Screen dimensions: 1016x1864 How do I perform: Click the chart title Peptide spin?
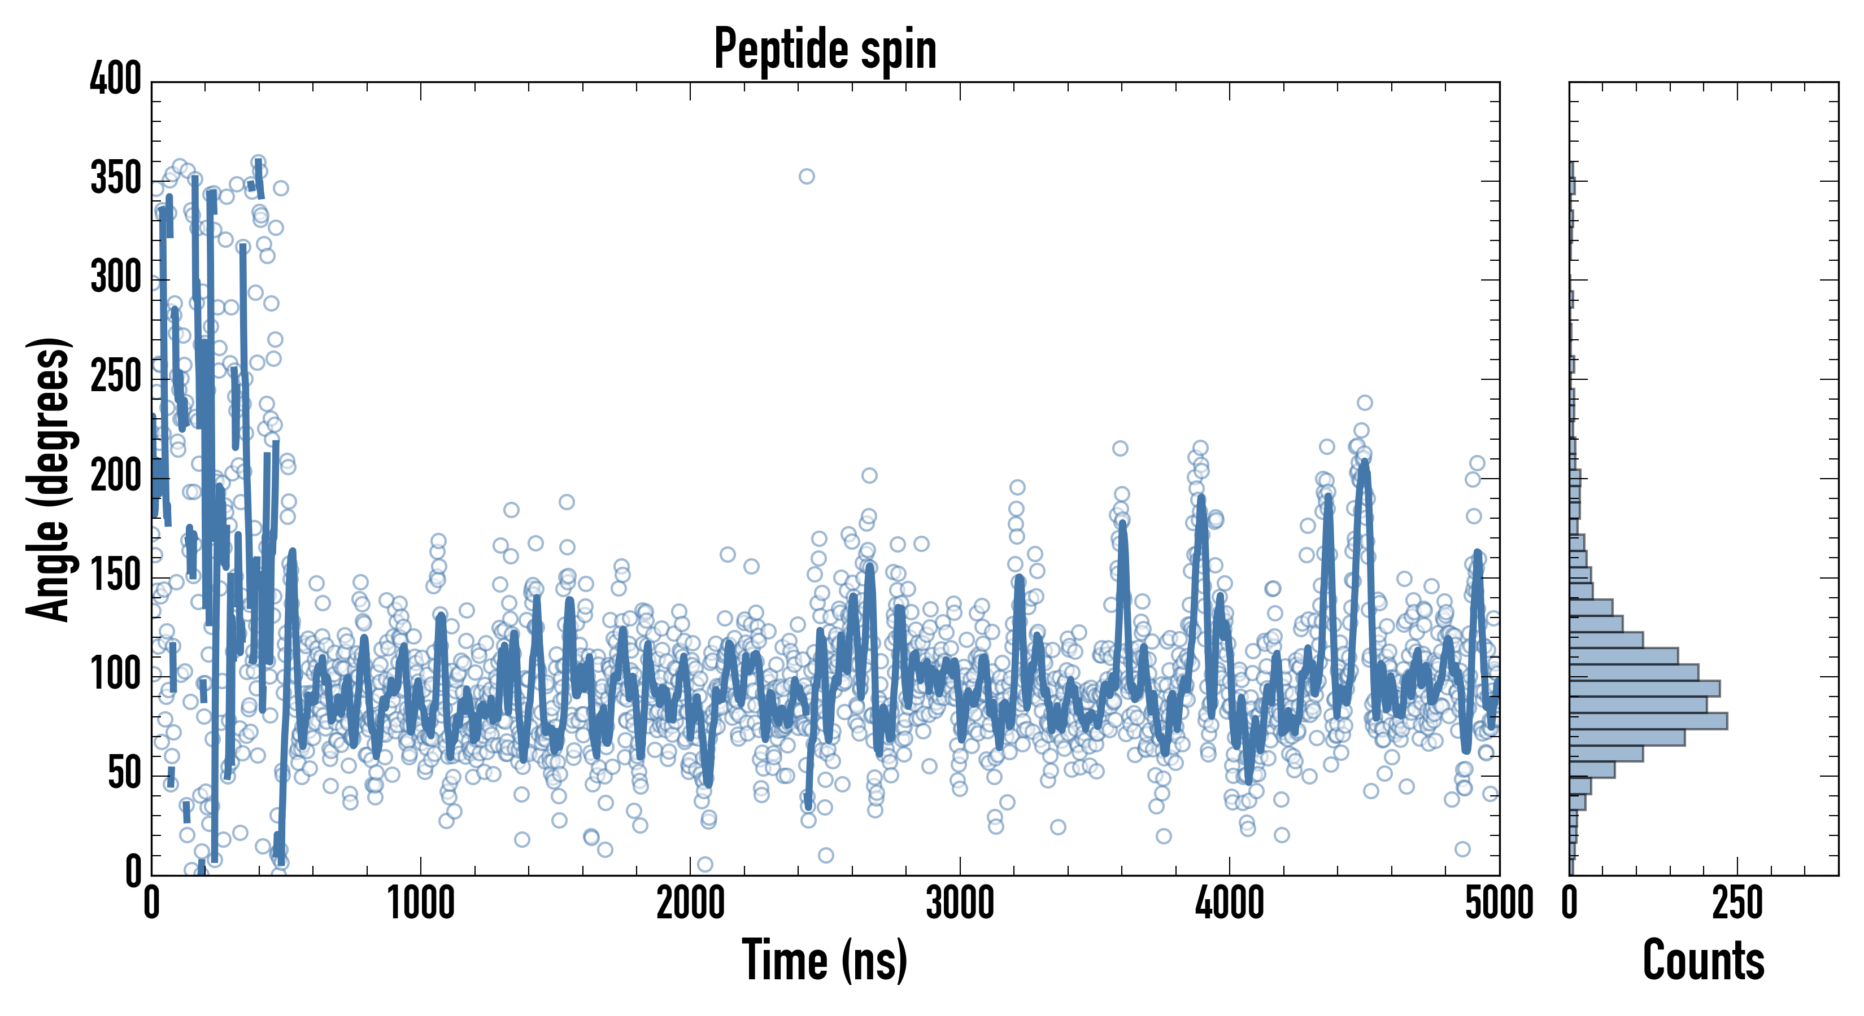point(825,49)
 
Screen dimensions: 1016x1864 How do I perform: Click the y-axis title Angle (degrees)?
point(49,479)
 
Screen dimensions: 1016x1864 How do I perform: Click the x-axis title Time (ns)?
point(825,960)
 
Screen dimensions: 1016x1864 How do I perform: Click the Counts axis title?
point(1704,960)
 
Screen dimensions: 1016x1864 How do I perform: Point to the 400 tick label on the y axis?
point(116,79)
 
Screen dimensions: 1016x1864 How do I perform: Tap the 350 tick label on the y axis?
point(116,178)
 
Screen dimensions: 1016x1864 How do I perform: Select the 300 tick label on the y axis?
point(116,278)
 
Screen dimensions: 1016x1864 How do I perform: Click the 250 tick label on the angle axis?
point(116,376)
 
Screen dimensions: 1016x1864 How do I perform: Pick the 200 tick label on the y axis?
point(116,476)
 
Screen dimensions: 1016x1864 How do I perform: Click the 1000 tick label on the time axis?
point(421,904)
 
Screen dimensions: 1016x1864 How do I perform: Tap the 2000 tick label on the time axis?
point(690,904)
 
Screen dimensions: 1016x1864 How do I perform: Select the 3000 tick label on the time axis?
point(960,904)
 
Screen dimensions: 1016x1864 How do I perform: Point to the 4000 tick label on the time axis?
point(1230,904)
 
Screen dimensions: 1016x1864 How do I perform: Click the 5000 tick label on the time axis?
point(1499,904)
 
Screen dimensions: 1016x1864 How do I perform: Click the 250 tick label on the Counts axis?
point(1737,904)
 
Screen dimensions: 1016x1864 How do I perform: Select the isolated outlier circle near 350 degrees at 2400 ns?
point(807,177)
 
